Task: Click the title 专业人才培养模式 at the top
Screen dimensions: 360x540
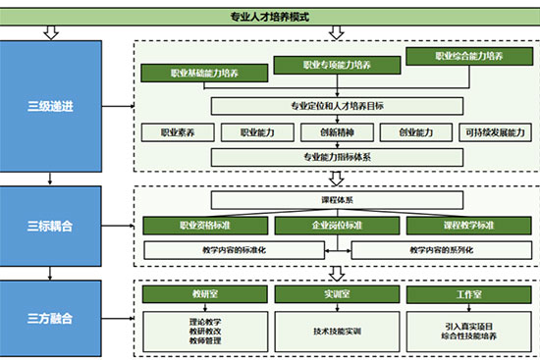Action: (x=269, y=16)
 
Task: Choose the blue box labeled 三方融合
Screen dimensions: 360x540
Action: (x=50, y=319)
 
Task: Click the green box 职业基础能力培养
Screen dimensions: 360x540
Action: (x=203, y=74)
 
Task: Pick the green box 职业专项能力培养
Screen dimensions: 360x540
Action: (x=337, y=66)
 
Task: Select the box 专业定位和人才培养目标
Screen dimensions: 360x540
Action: (x=337, y=105)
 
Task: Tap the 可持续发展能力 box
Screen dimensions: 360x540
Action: (x=494, y=131)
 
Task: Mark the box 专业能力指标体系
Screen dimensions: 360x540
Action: (x=337, y=156)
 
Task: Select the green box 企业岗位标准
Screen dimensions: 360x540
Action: (x=337, y=226)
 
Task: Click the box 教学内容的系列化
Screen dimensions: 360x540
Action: (x=440, y=250)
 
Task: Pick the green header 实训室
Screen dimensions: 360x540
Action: (x=337, y=294)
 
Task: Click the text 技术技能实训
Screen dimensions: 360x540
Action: (x=337, y=331)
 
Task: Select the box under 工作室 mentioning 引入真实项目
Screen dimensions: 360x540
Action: (x=467, y=331)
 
